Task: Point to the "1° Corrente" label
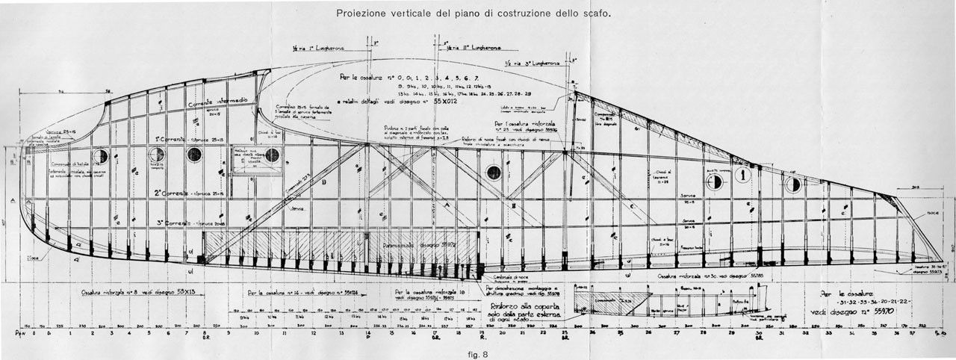click(169, 140)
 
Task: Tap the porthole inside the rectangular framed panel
click(272, 155)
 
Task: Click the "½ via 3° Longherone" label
click(532, 64)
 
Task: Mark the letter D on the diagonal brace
click(324, 181)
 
